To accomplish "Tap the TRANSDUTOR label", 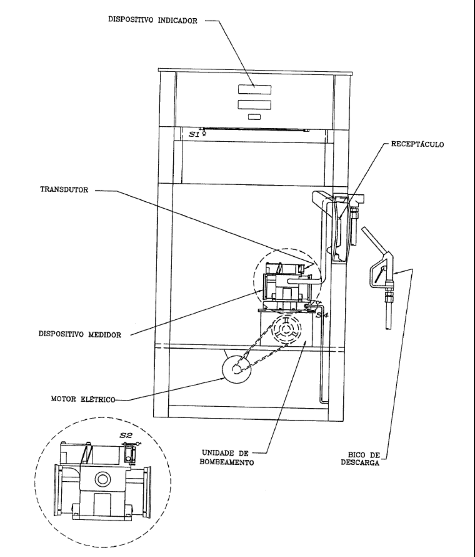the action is pyautogui.click(x=64, y=190).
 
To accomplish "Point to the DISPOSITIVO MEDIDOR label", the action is pyautogui.click(x=80, y=334).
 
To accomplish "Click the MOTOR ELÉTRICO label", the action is pyautogui.click(x=83, y=399).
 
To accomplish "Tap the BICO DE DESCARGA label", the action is pyautogui.click(x=360, y=459).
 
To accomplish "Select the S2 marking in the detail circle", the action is pyautogui.click(x=125, y=435).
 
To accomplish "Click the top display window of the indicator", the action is pyautogui.click(x=254, y=89).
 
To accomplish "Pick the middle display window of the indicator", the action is pyautogui.click(x=254, y=104).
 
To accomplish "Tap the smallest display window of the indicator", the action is pyautogui.click(x=254, y=117).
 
